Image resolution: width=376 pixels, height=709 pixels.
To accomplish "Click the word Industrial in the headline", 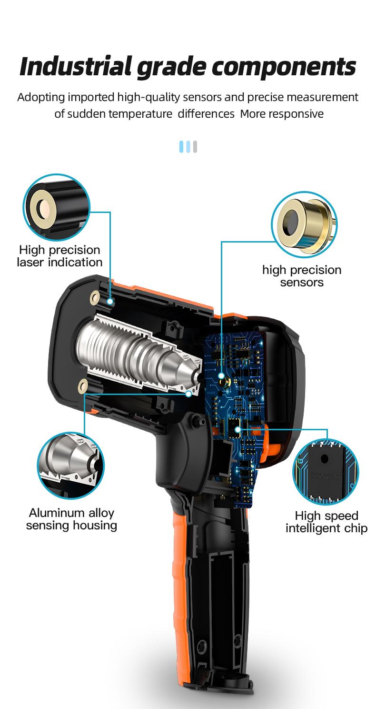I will click(76, 67).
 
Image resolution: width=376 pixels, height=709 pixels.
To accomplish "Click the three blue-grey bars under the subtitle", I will click(188, 147).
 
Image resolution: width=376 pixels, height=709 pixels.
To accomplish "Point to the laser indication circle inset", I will click(56, 207).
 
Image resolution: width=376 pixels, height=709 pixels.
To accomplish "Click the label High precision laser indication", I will click(59, 256).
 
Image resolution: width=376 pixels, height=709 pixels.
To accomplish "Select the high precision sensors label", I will click(302, 276).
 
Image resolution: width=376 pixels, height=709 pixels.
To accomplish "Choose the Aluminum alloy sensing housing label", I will click(71, 519).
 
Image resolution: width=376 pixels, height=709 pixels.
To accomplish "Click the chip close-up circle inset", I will click(326, 472).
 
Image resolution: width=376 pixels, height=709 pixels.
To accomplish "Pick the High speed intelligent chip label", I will click(327, 522).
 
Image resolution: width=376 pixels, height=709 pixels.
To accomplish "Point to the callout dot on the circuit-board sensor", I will click(221, 376).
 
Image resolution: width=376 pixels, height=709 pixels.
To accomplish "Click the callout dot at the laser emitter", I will click(110, 301).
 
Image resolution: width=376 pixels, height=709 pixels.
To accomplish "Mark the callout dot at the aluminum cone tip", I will click(189, 394).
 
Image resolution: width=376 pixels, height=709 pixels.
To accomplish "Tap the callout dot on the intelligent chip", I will click(237, 429).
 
